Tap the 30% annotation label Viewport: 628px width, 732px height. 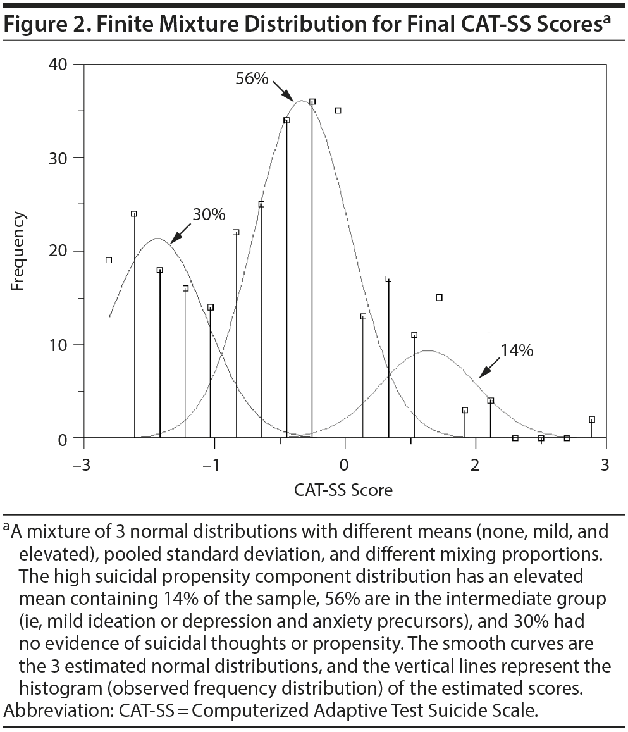[x=209, y=214]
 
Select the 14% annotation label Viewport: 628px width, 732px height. [x=517, y=350]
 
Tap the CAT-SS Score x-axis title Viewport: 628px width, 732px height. [x=343, y=490]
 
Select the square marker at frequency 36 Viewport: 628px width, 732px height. [x=312, y=102]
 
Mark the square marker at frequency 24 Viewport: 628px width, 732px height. [x=134, y=214]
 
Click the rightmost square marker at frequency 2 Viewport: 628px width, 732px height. [x=592, y=419]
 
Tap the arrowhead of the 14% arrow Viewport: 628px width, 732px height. [x=480, y=376]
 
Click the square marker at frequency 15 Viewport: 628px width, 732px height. [x=440, y=297]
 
